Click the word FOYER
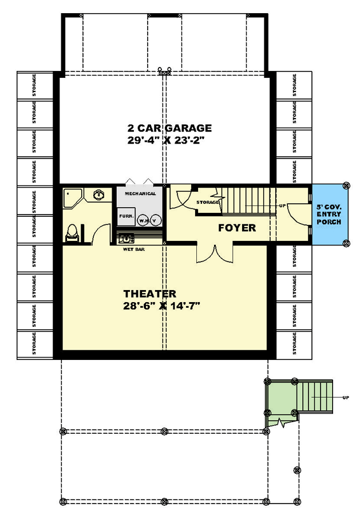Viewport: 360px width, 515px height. click(236, 228)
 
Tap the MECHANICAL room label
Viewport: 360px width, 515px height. click(140, 193)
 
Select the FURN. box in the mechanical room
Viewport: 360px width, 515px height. click(126, 217)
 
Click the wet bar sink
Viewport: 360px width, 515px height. click(126, 237)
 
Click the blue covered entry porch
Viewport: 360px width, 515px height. click(329, 214)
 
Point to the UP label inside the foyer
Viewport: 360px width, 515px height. click(282, 205)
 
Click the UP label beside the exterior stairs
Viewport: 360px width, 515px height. click(345, 397)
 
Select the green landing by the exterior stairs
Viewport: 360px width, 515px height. click(280, 398)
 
